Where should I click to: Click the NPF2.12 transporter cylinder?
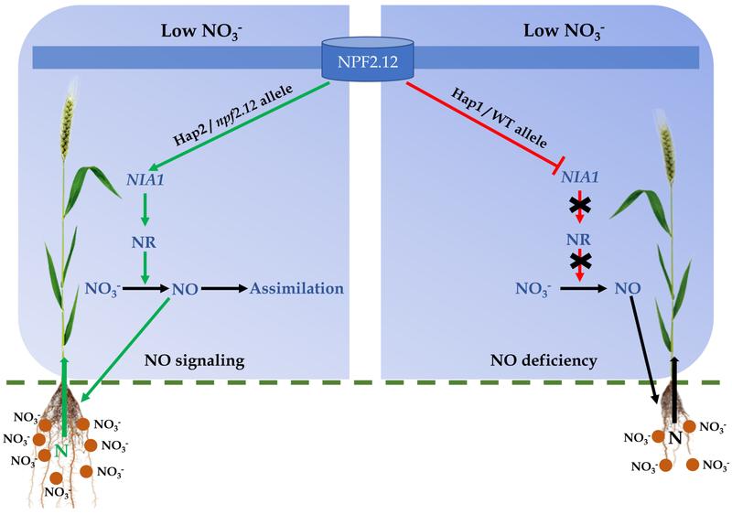click(368, 59)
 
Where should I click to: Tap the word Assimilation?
click(296, 288)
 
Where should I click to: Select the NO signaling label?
click(194, 360)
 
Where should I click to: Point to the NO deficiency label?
click(544, 360)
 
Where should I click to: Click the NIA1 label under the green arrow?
click(145, 179)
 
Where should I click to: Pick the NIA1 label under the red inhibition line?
click(580, 177)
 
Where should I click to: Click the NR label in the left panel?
click(144, 242)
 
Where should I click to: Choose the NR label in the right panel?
click(579, 240)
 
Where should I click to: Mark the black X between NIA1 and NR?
click(580, 204)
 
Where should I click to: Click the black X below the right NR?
click(580, 262)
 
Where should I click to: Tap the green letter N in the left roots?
click(61, 451)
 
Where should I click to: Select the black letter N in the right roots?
click(675, 438)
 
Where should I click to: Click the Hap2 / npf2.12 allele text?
click(233, 115)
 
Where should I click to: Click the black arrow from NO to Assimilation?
click(224, 289)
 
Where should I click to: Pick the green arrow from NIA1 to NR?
click(145, 208)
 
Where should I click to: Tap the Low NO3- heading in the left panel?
click(201, 32)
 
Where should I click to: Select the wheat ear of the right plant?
click(665, 148)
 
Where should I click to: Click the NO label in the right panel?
click(628, 288)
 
